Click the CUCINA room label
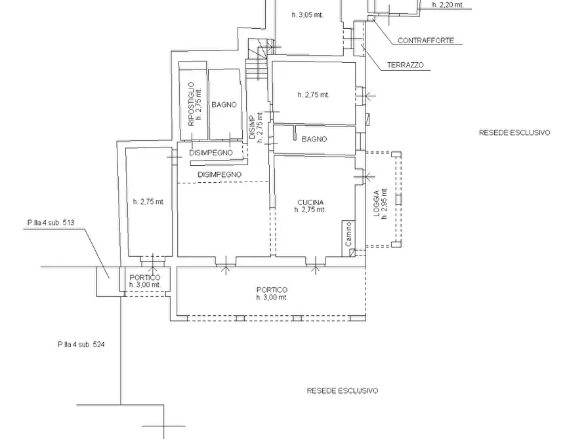coord(310,202)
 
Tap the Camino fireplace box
coord(348,238)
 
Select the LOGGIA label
coord(377,204)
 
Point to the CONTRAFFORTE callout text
coord(426,41)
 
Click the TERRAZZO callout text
coord(405,65)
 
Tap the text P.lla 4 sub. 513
coord(51,223)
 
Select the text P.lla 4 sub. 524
coord(81,345)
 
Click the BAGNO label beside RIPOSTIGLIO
coord(224,105)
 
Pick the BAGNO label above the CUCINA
coord(314,140)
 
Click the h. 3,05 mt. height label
coord(307,15)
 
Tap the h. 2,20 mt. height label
coord(448,5)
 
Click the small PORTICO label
coord(144,278)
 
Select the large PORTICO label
coord(272,290)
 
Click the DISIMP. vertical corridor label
coord(253,126)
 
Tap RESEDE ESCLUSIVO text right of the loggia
coord(514,132)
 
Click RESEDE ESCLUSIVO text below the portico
coord(342,391)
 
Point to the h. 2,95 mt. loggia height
coord(384,204)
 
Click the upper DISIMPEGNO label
coord(211,153)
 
